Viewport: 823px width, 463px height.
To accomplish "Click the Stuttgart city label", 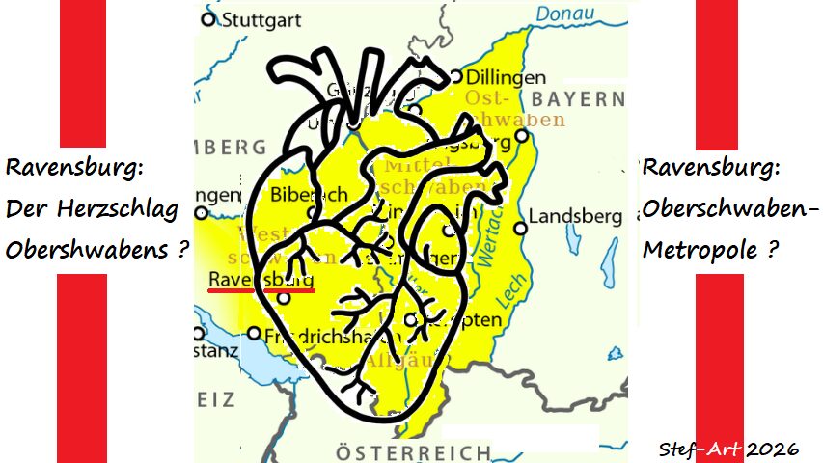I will tap(262, 19).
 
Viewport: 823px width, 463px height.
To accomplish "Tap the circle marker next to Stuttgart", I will tap(208, 18).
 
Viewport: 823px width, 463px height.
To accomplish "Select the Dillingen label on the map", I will tap(505, 77).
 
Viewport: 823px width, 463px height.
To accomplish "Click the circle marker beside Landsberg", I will tap(521, 229).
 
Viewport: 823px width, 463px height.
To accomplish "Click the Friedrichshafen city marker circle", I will tap(254, 334).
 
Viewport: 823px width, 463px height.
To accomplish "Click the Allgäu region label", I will tap(394, 362).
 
